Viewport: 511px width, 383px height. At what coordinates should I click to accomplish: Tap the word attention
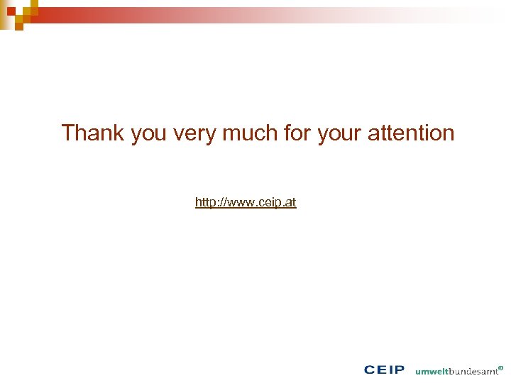point(414,133)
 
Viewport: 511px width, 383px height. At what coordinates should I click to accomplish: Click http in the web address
point(205,203)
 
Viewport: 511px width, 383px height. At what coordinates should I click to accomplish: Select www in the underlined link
point(241,204)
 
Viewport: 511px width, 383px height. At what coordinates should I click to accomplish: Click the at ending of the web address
point(291,203)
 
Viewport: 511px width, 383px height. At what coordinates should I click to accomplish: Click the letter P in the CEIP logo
point(399,370)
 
